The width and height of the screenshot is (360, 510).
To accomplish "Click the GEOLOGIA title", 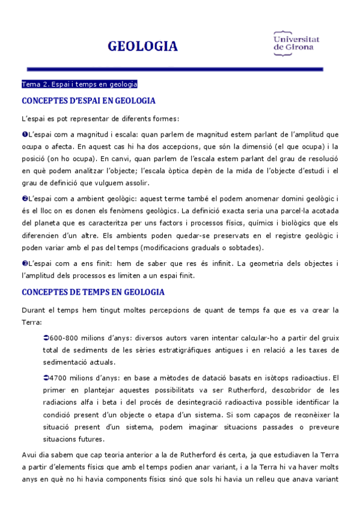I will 142,46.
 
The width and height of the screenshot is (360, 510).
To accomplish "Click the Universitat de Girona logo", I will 296,43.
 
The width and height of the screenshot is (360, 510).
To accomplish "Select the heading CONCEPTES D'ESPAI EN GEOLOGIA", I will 88,100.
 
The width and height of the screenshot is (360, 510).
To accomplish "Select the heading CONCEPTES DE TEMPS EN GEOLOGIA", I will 93,292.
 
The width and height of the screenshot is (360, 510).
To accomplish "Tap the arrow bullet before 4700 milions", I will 47,378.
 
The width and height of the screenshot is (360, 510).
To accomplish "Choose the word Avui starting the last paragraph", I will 29,455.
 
